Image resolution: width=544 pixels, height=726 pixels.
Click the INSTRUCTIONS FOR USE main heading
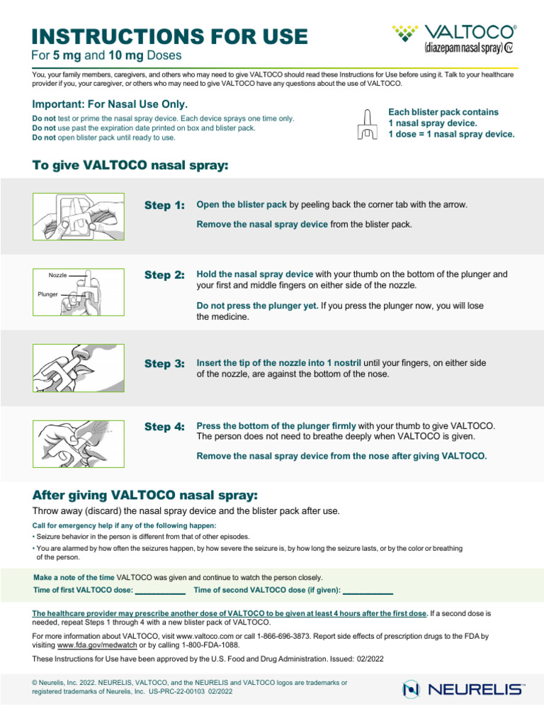tap(170, 36)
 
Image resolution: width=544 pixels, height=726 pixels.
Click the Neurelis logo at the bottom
tap(463, 688)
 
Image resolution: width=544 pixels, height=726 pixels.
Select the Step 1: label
tap(164, 206)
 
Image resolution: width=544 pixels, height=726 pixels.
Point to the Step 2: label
tap(164, 275)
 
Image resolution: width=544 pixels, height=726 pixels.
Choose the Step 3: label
tap(164, 364)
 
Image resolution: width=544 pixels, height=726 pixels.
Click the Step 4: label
tap(164, 427)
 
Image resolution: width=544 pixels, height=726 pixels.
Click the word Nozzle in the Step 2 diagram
tap(57, 275)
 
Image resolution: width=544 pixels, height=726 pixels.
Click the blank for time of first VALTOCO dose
tap(160, 591)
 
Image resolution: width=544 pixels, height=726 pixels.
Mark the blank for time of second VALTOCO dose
tap(368, 591)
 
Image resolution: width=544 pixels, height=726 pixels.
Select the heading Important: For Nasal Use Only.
tap(110, 104)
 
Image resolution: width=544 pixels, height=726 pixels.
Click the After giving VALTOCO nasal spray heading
tap(145, 494)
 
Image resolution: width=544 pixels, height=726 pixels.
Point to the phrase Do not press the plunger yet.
tap(257, 306)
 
